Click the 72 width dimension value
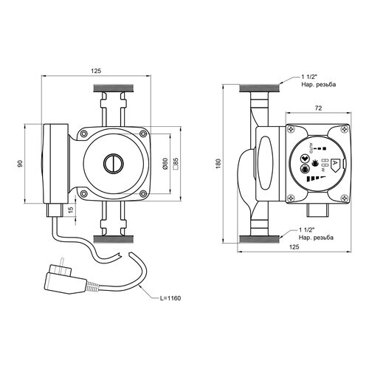point(318,108)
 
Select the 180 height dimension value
point(218,164)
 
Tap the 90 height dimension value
point(20,164)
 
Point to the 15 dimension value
point(71,210)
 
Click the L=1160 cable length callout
point(170,298)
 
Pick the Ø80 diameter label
point(165,164)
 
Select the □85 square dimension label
point(176,164)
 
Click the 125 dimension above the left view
point(96,71)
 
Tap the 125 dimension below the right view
point(294,246)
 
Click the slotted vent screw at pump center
point(114,164)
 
